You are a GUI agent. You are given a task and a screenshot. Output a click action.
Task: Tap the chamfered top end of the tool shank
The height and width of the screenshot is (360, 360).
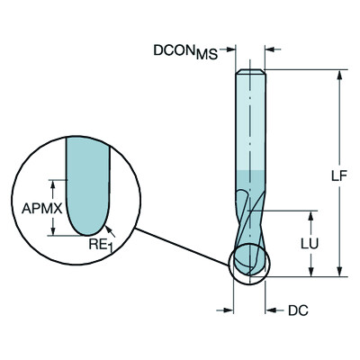tap(250, 72)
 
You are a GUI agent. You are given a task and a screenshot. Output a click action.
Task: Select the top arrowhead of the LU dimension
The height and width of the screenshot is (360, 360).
tap(311, 217)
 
